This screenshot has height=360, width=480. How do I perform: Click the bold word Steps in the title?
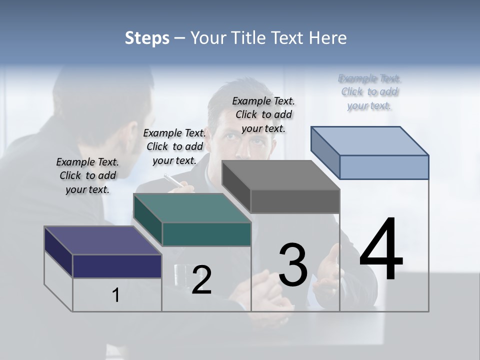[146, 38]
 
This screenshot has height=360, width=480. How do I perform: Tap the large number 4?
[381, 250]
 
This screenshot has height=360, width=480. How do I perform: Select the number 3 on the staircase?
[293, 264]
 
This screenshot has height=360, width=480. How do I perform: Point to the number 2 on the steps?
[201, 280]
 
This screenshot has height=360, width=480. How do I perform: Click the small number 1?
[115, 295]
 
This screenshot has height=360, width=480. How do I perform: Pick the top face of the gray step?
[280, 175]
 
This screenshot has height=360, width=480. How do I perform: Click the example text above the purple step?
[87, 175]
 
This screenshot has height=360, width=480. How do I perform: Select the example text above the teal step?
[174, 146]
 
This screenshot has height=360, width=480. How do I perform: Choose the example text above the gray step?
[263, 114]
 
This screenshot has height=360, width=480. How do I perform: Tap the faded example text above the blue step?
[369, 92]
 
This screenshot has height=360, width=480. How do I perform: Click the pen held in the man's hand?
[173, 180]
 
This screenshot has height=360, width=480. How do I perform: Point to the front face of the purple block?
[117, 266]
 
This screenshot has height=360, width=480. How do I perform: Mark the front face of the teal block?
[206, 234]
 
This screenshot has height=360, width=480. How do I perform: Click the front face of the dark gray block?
[295, 201]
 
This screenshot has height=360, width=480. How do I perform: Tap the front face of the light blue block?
[384, 167]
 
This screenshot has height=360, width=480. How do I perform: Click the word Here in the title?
[329, 38]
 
